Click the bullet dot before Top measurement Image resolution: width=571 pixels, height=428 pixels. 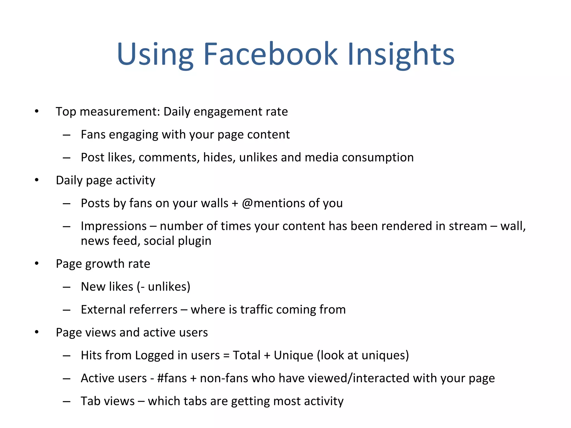[x=37, y=111]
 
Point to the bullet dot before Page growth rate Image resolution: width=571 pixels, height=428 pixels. [x=37, y=264]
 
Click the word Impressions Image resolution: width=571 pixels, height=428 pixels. [x=114, y=226]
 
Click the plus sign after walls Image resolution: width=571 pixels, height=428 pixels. [x=235, y=203]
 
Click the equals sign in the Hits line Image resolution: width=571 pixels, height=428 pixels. [x=226, y=356]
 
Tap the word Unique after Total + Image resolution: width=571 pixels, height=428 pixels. [x=293, y=356]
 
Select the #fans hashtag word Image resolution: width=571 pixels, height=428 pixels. [x=172, y=378]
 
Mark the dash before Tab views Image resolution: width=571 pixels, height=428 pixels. [x=67, y=402]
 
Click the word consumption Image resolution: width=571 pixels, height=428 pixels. [x=378, y=158]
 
